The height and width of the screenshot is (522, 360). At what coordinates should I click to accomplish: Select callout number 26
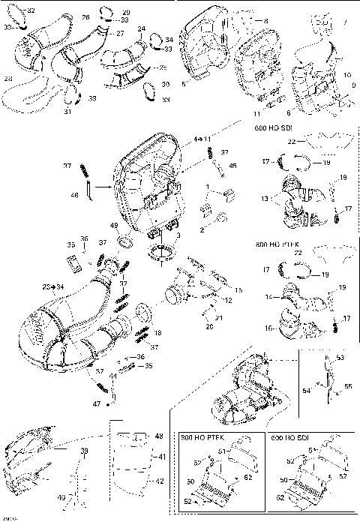pos(85,16)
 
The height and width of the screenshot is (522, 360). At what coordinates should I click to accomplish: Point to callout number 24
pos(141,28)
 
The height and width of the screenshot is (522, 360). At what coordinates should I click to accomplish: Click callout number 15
pos(239,289)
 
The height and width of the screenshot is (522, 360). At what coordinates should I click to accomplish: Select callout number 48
pos(158,436)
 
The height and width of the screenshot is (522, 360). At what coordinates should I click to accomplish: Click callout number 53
pos(340,358)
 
